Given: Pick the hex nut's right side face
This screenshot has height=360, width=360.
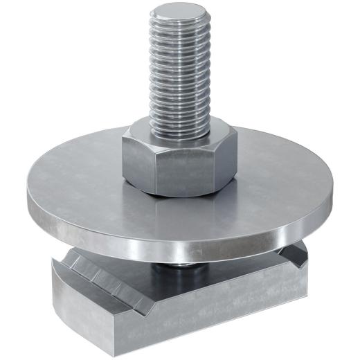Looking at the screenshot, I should point(225,158).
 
